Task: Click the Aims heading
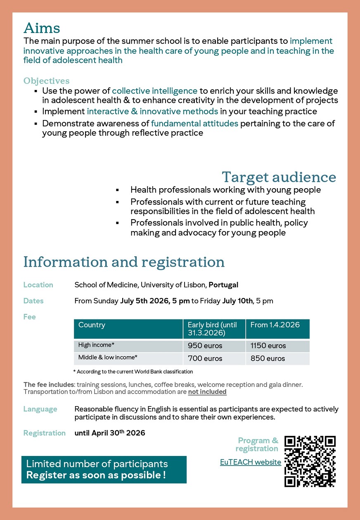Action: [42, 28]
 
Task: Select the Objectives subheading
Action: [46, 81]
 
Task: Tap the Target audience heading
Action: [279, 177]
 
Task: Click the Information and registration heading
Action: [124, 262]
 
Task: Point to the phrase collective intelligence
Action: [154, 91]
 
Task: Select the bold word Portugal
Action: [223, 285]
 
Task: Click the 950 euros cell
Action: [205, 346]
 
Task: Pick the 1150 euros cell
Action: [268, 346]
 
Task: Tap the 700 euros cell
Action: [205, 358]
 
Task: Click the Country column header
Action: [92, 325]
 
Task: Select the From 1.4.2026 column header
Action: [275, 325]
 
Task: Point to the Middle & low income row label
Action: [108, 357]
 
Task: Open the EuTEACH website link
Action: [251, 462]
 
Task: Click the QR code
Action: [310, 461]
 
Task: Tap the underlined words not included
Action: [207, 392]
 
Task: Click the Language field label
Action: [40, 409]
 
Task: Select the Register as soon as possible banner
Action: [104, 470]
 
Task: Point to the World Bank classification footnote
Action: [133, 372]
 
